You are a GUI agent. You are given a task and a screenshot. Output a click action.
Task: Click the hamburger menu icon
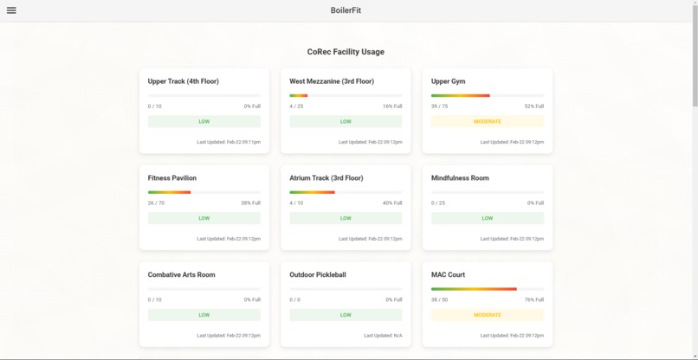point(11,10)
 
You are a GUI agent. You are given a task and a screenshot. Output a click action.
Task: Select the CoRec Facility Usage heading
point(346,52)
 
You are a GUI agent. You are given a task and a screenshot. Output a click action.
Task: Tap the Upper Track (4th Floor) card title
point(183,81)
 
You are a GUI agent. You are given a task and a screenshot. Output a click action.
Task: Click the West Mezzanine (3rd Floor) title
point(332,81)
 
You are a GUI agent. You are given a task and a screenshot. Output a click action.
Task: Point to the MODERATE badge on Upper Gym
point(488,122)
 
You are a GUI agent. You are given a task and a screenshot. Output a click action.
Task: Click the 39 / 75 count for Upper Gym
point(440,106)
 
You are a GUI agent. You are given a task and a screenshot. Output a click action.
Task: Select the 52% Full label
point(533,106)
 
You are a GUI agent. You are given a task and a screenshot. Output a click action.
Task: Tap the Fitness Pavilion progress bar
point(204,192)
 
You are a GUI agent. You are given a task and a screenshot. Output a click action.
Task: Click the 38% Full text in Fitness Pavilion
point(250,203)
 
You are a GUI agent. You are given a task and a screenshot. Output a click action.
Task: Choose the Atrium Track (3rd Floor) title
point(326,178)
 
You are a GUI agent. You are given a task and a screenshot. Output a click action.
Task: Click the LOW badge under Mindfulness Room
point(488,219)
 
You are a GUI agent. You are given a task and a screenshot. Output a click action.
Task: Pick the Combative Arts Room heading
point(181,275)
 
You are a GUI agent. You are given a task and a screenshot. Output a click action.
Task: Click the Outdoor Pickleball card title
point(318,275)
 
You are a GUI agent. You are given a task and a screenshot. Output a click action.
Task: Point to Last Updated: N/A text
point(383,336)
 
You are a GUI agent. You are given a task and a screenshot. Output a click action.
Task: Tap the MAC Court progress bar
point(488,289)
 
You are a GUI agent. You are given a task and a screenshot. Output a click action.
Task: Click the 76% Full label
point(533,300)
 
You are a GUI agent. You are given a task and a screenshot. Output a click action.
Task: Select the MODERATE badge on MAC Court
point(488,315)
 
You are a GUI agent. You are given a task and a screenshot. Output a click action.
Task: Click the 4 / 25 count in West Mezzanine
point(296,106)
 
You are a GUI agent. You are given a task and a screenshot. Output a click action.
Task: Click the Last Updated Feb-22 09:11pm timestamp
point(229,142)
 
